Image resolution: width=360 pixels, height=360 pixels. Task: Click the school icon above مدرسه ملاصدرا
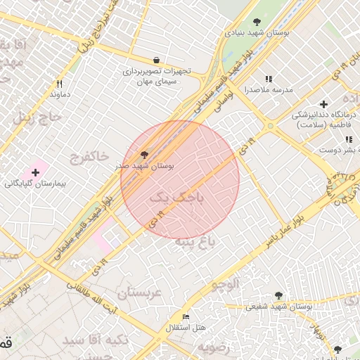pos(268,79)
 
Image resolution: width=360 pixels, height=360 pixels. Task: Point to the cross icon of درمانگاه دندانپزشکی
pos(323,103)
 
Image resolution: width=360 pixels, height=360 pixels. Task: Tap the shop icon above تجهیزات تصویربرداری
pos(155,60)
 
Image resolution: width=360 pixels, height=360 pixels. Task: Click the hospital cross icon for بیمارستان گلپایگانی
pos(35,172)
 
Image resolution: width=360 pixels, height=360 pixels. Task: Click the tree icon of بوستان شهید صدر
pos(145,154)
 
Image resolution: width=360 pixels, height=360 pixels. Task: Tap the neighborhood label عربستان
pos(139,292)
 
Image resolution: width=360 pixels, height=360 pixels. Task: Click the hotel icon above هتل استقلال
pos(186,317)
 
